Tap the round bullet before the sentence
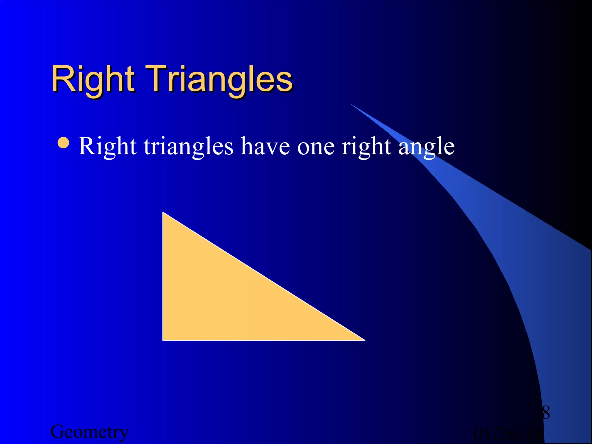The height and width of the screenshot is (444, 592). (64, 143)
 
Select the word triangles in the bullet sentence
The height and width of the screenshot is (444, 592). (188, 147)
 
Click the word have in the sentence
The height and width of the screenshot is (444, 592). (265, 147)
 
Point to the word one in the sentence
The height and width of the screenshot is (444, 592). (316, 147)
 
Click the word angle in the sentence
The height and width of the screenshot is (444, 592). (426, 147)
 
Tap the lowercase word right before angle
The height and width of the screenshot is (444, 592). (366, 147)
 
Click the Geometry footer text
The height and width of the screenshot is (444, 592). (89, 432)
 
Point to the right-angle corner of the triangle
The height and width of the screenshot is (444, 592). (164, 340)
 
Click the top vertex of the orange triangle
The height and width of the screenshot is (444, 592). (163, 213)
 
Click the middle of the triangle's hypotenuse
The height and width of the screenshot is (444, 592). (264, 276)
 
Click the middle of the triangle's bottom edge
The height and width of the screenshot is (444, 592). (264, 340)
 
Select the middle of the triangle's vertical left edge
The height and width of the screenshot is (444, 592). (163, 276)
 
